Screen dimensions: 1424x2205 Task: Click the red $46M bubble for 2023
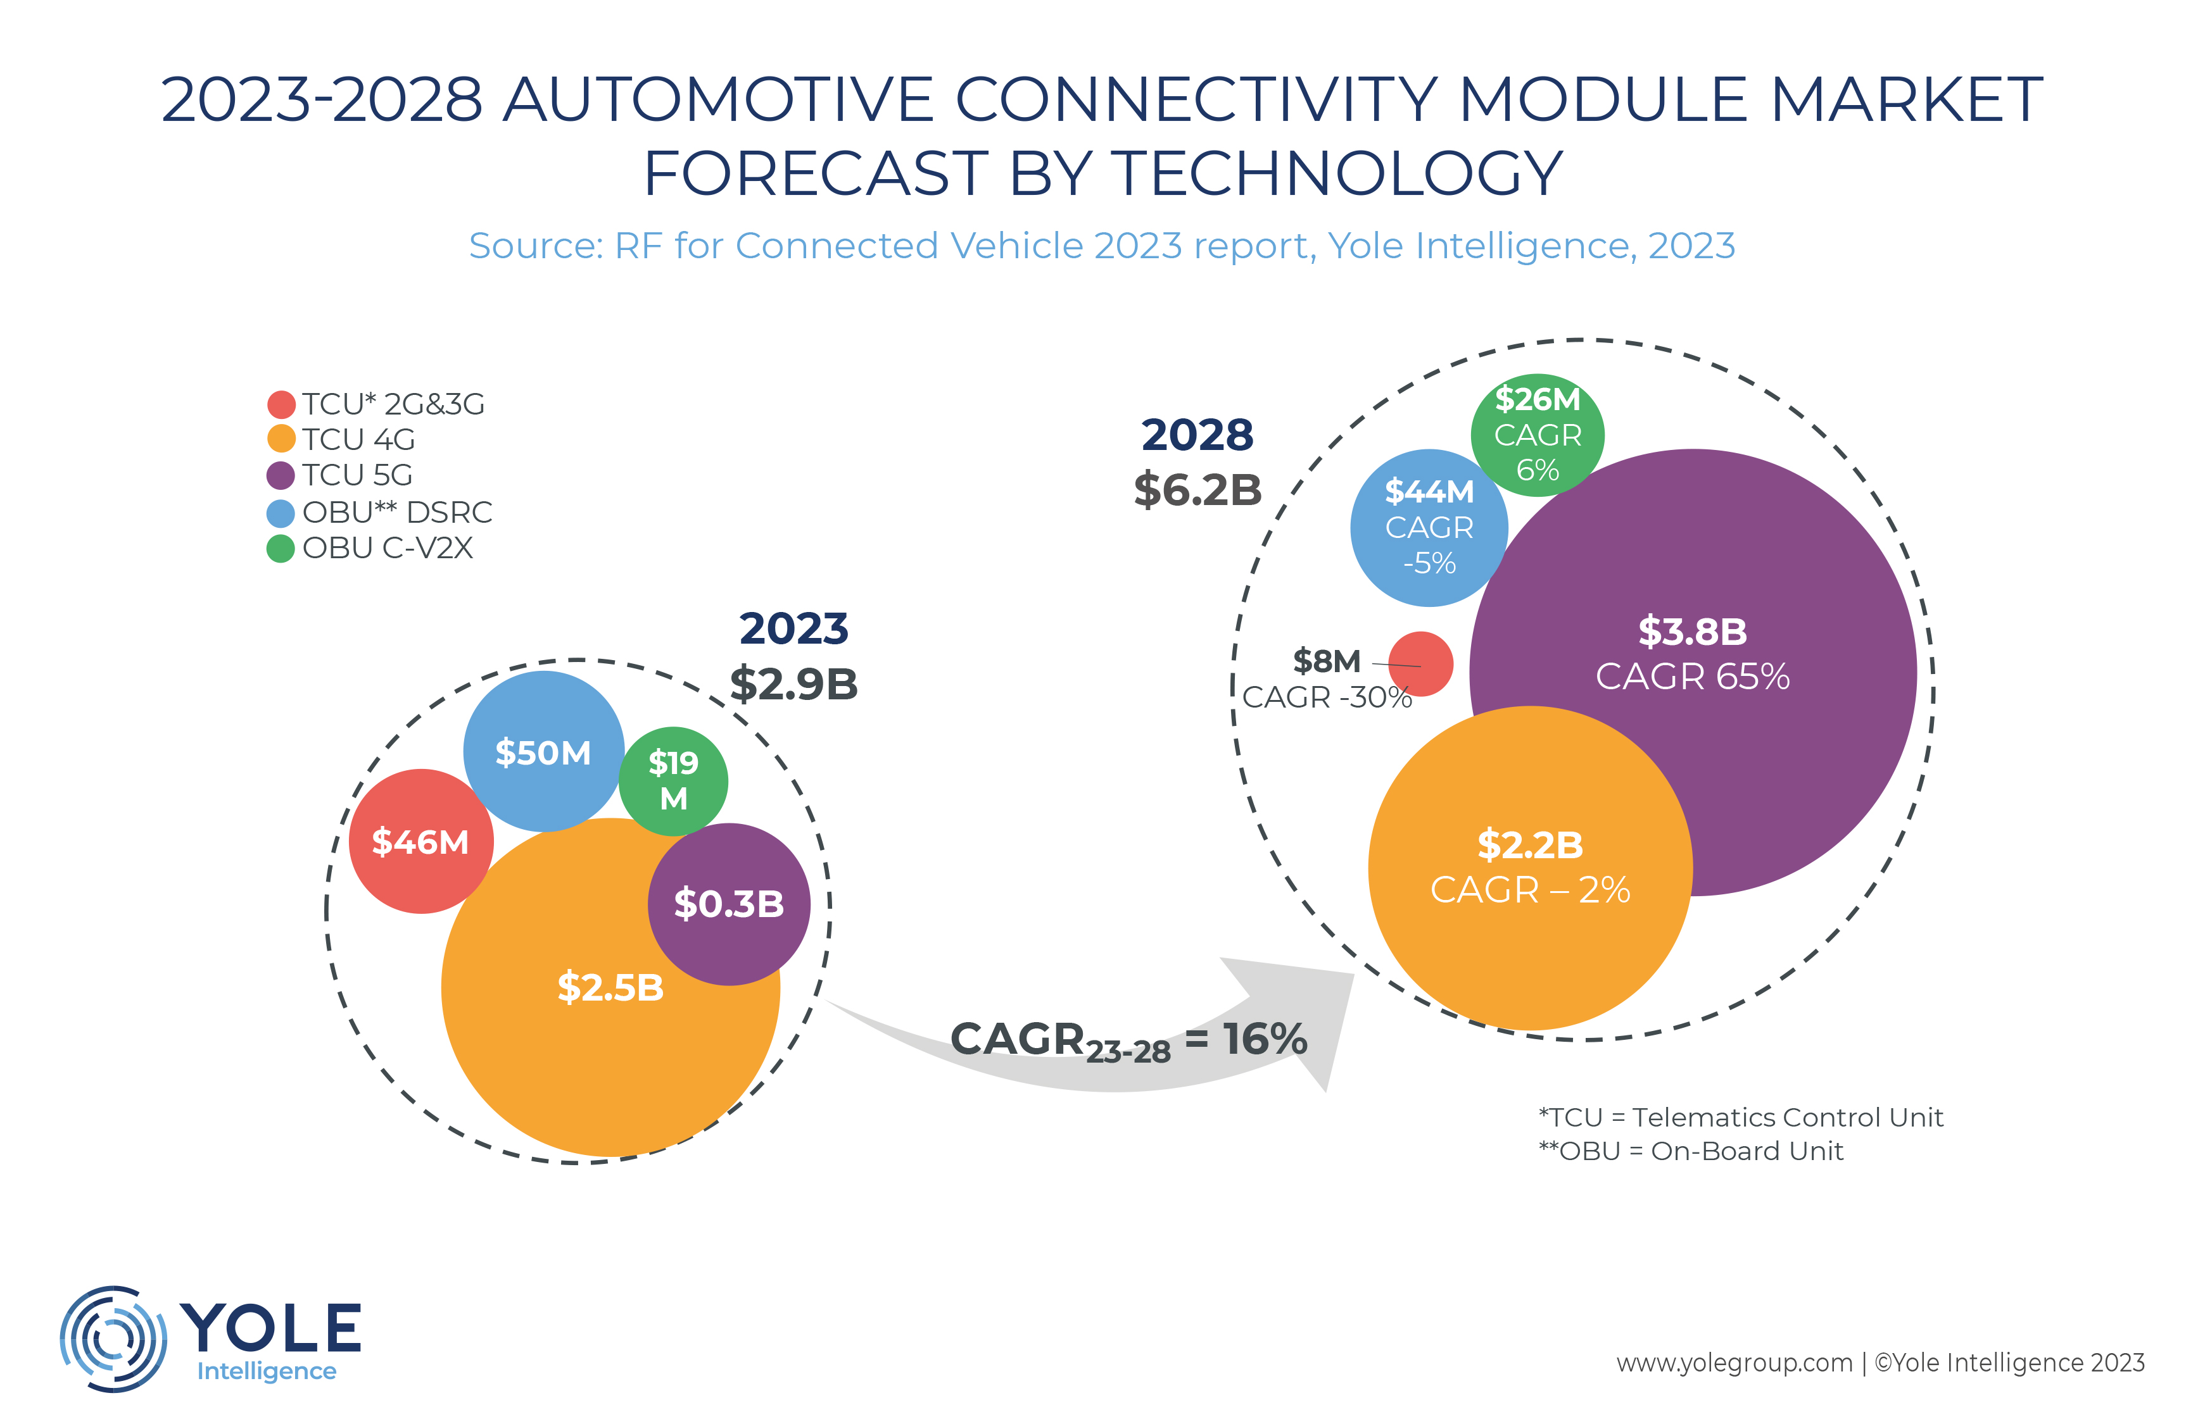421,842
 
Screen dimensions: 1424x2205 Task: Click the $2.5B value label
610,987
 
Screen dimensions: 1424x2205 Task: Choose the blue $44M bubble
1429,527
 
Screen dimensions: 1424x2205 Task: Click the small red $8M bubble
1420,664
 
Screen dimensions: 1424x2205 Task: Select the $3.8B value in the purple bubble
1693,632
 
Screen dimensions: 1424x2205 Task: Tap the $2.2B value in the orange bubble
1530,845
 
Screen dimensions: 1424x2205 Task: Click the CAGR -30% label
1326,697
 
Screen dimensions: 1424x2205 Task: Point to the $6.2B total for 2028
1197,490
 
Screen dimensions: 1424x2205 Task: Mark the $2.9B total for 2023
793,684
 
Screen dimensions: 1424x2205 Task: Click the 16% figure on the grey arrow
1265,1039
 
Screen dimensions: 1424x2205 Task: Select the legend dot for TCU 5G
281,475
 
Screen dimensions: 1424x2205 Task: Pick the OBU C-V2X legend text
388,547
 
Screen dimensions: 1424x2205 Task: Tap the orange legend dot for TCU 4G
281,439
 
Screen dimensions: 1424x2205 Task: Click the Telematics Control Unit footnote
1740,1117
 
